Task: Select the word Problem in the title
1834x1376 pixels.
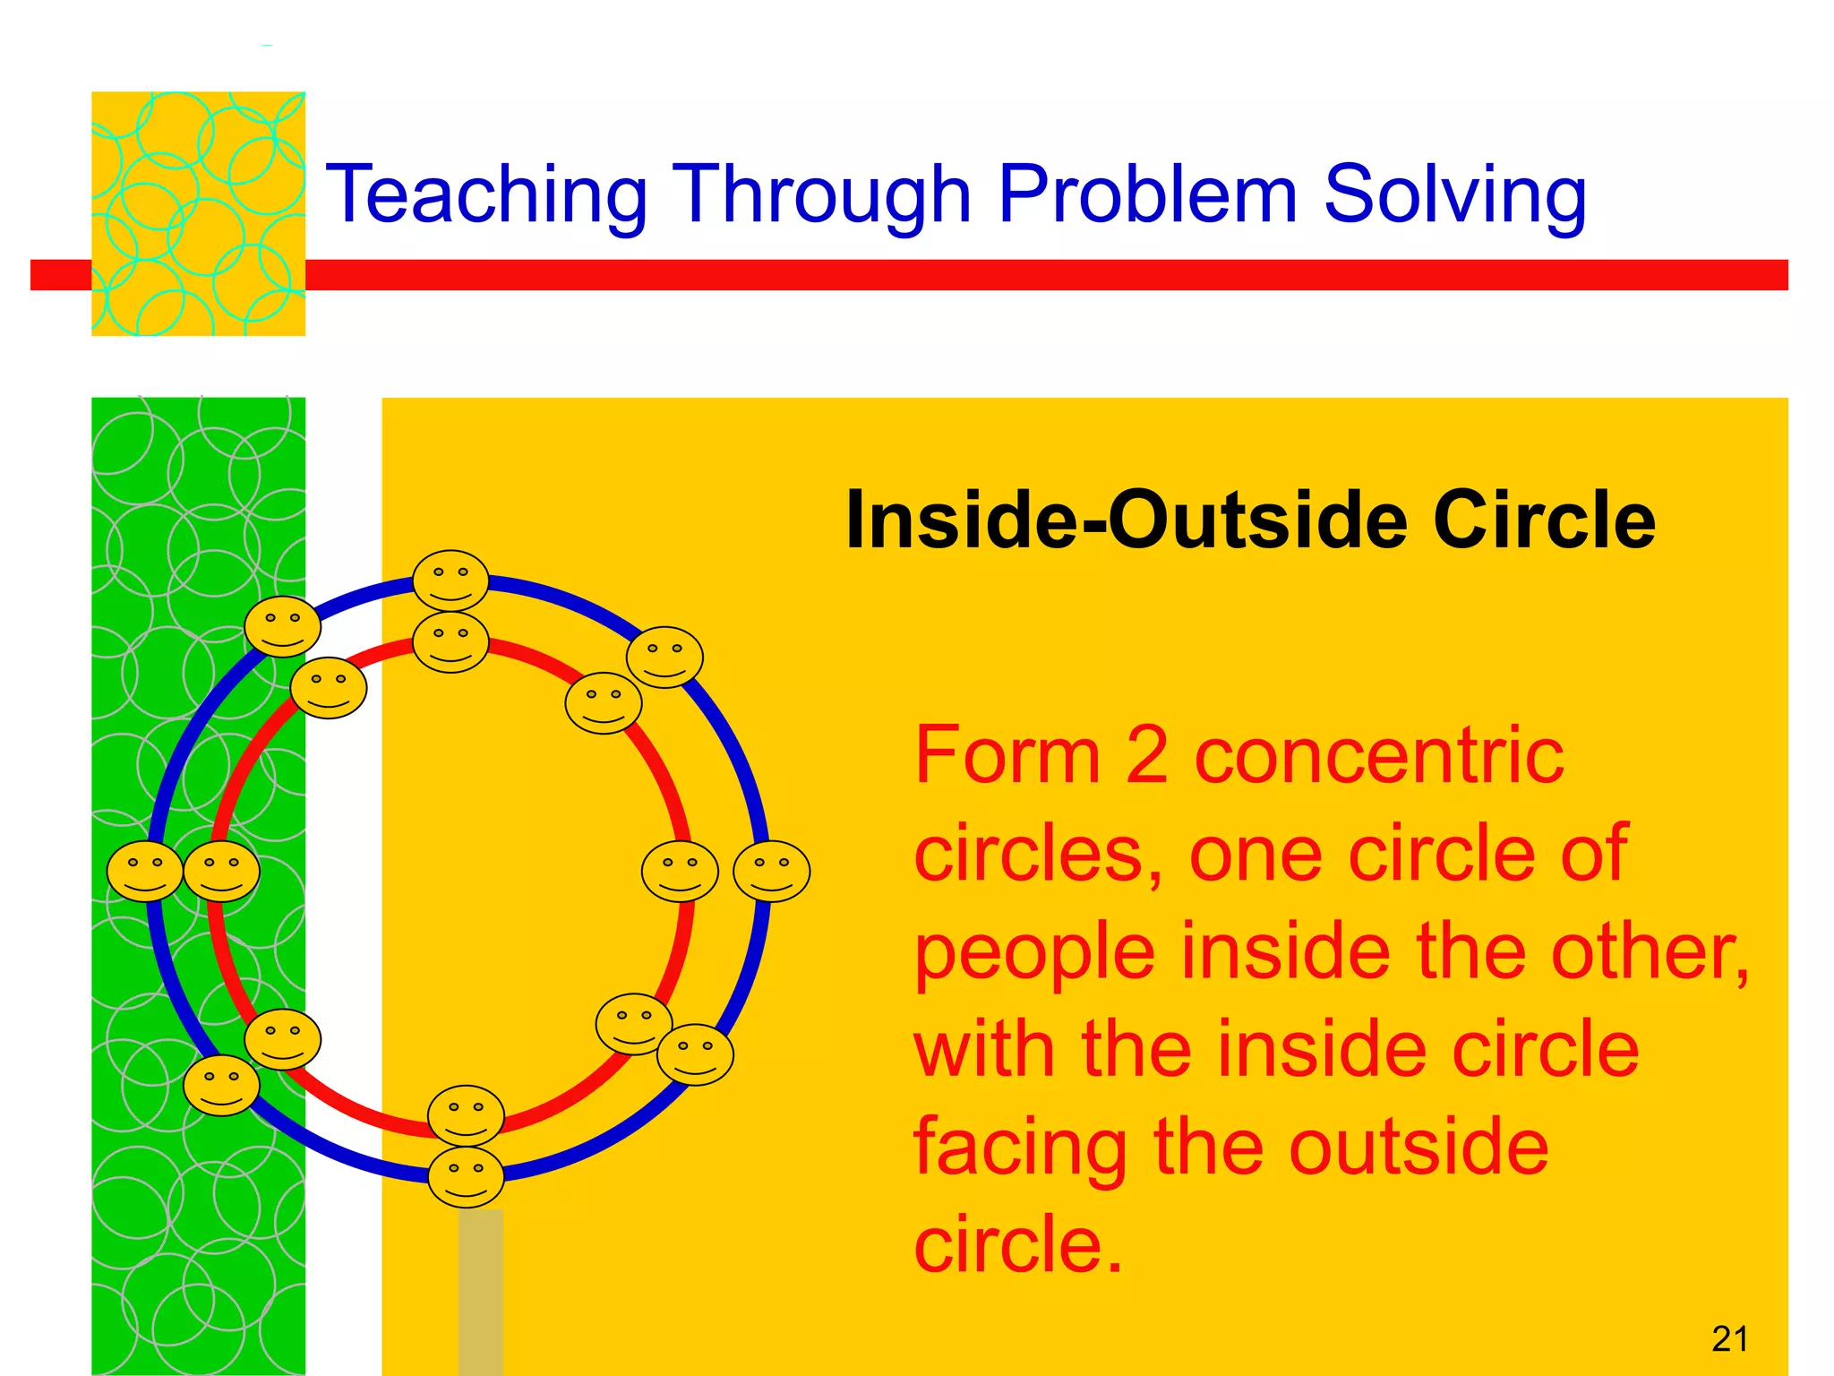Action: [1147, 195]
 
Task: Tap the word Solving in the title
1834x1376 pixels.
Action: [1454, 195]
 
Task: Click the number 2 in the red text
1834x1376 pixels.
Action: [1146, 757]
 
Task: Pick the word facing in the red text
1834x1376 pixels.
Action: [1019, 1149]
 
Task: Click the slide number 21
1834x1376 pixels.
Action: [1729, 1338]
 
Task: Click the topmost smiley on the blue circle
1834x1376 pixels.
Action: [450, 580]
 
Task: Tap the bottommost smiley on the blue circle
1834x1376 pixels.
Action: [466, 1176]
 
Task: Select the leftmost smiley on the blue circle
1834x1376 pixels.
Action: [145, 871]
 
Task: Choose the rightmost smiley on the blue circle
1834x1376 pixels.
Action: [771, 871]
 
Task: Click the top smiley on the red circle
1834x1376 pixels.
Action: [450, 641]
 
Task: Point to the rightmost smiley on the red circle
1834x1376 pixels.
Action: [680, 871]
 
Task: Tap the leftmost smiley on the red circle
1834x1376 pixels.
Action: [221, 871]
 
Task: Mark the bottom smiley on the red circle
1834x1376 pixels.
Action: [466, 1115]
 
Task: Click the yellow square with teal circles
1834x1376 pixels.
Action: [198, 213]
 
